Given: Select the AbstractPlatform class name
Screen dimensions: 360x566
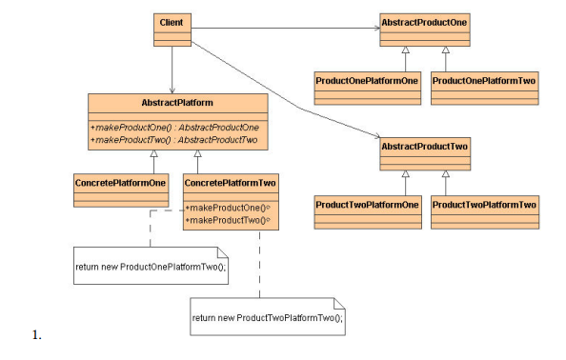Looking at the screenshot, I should click(176, 101).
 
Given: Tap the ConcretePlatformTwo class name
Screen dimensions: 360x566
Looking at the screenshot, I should click(230, 182).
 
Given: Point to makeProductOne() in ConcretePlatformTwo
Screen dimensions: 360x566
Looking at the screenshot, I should click(229, 207).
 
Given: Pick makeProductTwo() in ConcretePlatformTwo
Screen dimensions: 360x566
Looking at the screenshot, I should click(229, 220).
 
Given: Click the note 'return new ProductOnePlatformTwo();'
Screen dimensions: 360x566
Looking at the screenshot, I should click(151, 266).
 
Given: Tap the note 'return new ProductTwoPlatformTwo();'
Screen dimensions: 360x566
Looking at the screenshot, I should click(268, 316).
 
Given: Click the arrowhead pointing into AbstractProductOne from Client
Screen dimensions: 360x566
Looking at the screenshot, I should click(375, 28).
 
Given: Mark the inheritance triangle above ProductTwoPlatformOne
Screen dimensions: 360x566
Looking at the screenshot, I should click(406, 173).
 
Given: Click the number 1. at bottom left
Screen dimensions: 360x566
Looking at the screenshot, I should click(37, 335).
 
